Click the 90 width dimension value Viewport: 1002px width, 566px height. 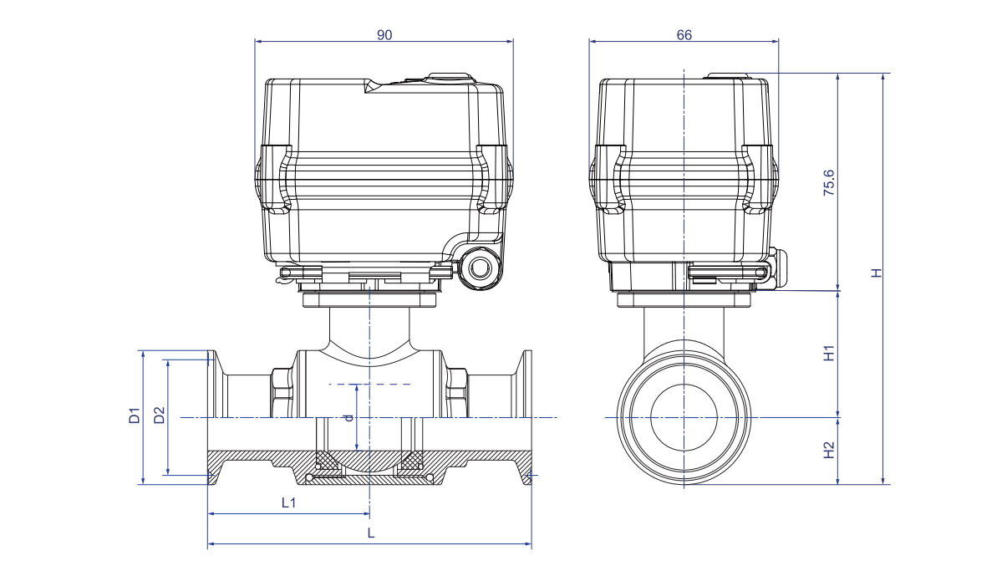pyautogui.click(x=384, y=34)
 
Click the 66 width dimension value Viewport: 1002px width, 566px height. pyautogui.click(x=684, y=34)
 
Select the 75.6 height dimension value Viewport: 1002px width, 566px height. pyautogui.click(x=829, y=181)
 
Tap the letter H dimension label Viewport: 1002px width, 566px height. pyautogui.click(x=876, y=273)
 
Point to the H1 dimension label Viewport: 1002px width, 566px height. pyautogui.click(x=829, y=354)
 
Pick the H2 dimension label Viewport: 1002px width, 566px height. pyautogui.click(x=829, y=451)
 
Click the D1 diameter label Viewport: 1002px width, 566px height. pyautogui.click(x=134, y=416)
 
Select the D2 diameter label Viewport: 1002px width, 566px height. pyautogui.click(x=160, y=416)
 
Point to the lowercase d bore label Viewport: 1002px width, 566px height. pyautogui.click(x=348, y=416)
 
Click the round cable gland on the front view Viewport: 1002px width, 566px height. pyautogui.click(x=481, y=268)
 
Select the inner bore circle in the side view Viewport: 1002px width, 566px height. pyautogui.click(x=684, y=416)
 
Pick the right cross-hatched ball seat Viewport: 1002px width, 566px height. pyautogui.click(x=412, y=460)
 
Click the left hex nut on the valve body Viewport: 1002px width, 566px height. pyautogui.click(x=282, y=393)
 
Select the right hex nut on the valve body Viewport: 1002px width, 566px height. pyautogui.click(x=456, y=393)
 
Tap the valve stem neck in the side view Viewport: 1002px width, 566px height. pyautogui.click(x=684, y=326)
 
